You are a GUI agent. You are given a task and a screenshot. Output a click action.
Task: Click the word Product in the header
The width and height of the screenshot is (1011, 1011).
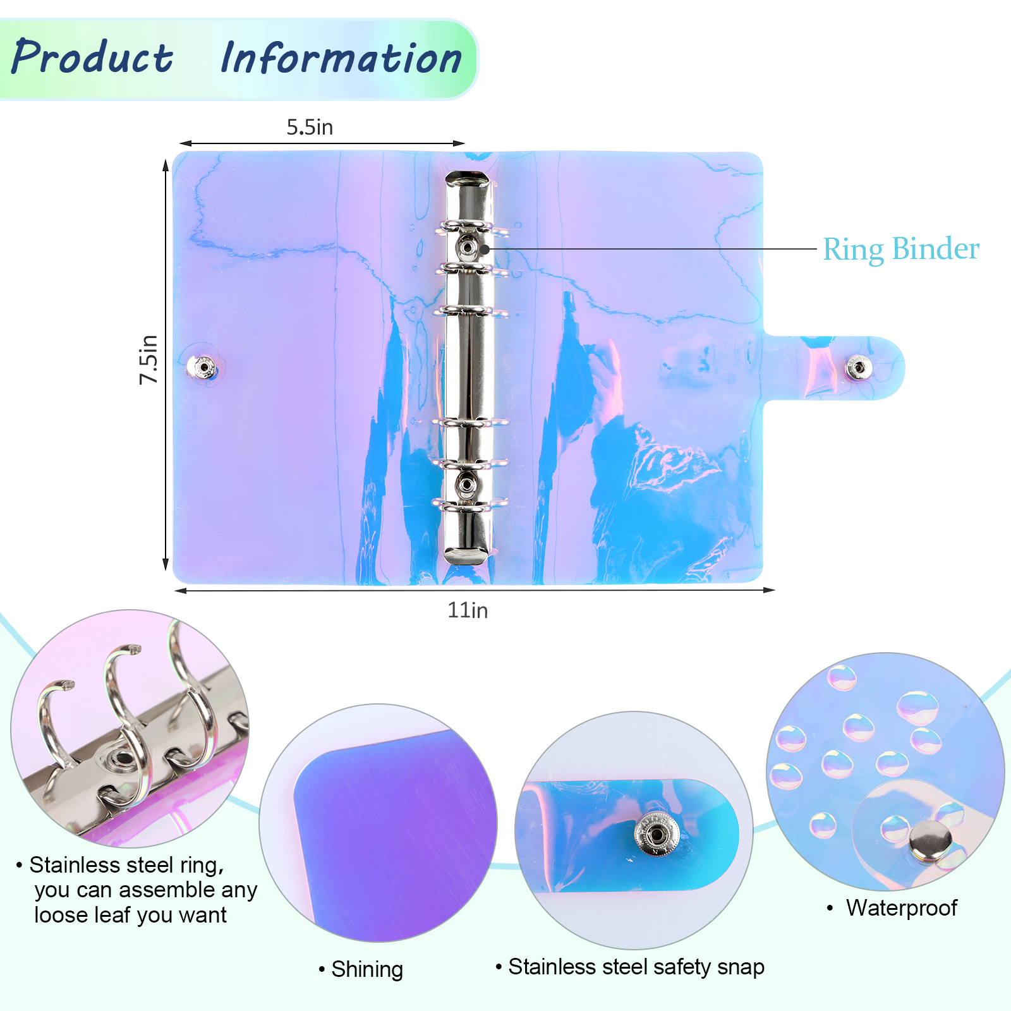coord(92,57)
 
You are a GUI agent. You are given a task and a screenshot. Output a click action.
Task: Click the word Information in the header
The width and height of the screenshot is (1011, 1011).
coord(341,58)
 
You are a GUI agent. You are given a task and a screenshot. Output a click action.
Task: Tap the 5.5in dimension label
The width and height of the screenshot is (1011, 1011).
coord(310,127)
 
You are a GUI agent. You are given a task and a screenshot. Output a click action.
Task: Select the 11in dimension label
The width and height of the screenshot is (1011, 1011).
coord(468,610)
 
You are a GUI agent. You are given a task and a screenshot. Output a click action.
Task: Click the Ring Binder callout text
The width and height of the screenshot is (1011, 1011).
coord(901,249)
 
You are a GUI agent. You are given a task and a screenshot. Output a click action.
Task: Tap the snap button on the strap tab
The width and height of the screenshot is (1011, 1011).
coord(858,367)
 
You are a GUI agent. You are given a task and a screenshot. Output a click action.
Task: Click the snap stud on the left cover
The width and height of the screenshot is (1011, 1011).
coord(203,366)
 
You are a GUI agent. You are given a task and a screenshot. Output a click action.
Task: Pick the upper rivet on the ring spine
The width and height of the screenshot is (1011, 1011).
coord(467,247)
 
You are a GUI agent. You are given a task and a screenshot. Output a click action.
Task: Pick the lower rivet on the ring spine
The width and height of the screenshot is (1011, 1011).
coord(467,485)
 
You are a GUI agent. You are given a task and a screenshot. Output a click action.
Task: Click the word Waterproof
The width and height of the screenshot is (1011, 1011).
coord(901,908)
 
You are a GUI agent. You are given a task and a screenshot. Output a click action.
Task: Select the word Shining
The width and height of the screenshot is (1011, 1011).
coord(367,969)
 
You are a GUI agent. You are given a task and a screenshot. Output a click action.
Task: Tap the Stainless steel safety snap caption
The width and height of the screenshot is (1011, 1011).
coord(636,967)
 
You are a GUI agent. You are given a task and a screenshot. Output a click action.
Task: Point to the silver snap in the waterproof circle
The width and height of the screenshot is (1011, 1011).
coord(930,841)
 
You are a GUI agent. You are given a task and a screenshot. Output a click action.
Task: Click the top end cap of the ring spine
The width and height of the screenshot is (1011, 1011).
coord(468,179)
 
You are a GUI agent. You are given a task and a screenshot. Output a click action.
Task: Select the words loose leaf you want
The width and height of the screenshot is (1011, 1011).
coord(130,915)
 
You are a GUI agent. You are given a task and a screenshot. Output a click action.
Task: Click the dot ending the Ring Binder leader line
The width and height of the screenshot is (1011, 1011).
coord(485,249)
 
